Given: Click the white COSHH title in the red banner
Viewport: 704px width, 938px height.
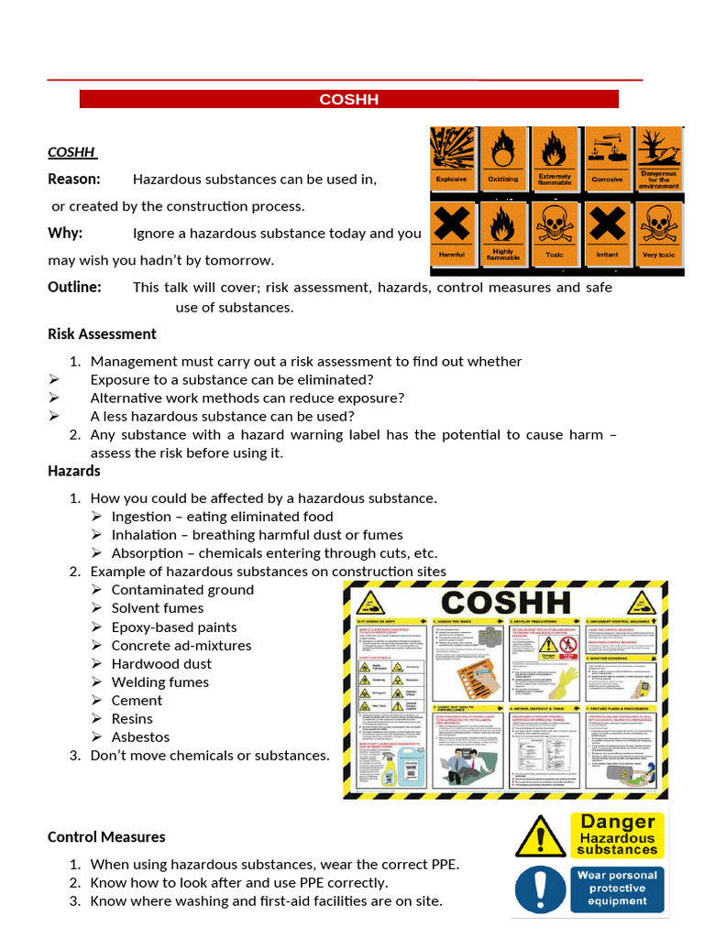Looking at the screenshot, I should click(x=348, y=99).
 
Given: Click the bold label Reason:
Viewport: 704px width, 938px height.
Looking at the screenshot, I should click(x=74, y=179).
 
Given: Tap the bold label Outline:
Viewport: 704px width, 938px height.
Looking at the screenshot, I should click(x=74, y=287).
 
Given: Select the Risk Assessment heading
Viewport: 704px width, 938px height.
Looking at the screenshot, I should click(x=102, y=333).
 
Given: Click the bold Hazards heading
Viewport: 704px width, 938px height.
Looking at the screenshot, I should click(x=74, y=471).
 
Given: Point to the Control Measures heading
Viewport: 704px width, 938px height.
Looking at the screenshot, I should click(x=106, y=836).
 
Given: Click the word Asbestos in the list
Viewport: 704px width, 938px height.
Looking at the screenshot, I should click(x=140, y=736).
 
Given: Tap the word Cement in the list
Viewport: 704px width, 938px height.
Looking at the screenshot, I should click(x=137, y=700).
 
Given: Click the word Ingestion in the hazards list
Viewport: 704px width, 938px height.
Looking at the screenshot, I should click(x=141, y=517).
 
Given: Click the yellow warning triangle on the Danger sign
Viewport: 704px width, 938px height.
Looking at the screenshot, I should click(x=540, y=837).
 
